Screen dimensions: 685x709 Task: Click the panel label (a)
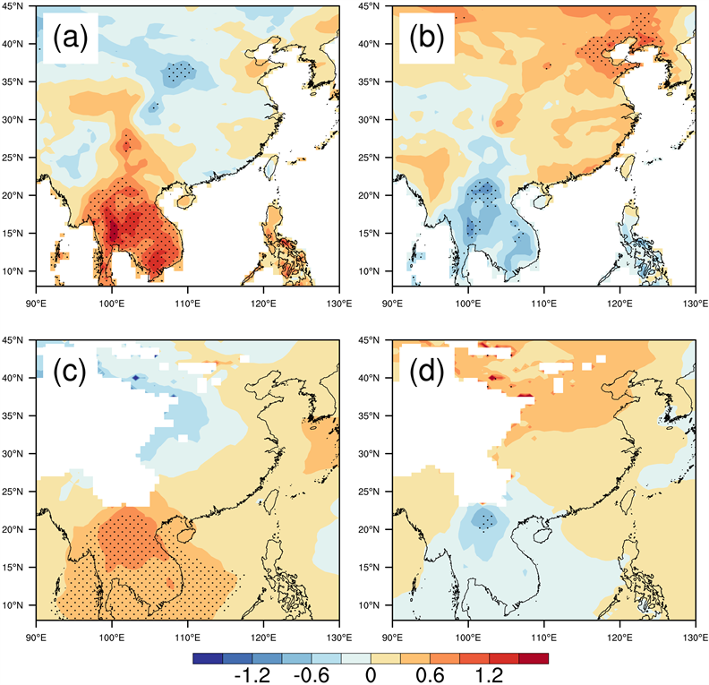tap(69, 39)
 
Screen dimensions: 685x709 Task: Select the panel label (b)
tap(427, 39)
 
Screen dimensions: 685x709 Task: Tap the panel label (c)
tap(69, 370)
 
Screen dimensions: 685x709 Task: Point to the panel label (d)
tap(427, 370)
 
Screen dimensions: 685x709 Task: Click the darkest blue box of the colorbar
tap(207, 658)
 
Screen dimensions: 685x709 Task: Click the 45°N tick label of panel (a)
tap(19, 6)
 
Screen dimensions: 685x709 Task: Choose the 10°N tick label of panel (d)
tap(377, 605)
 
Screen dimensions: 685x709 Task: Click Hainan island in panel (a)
tap(184, 200)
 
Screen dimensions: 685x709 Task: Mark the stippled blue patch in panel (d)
tap(485, 521)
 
